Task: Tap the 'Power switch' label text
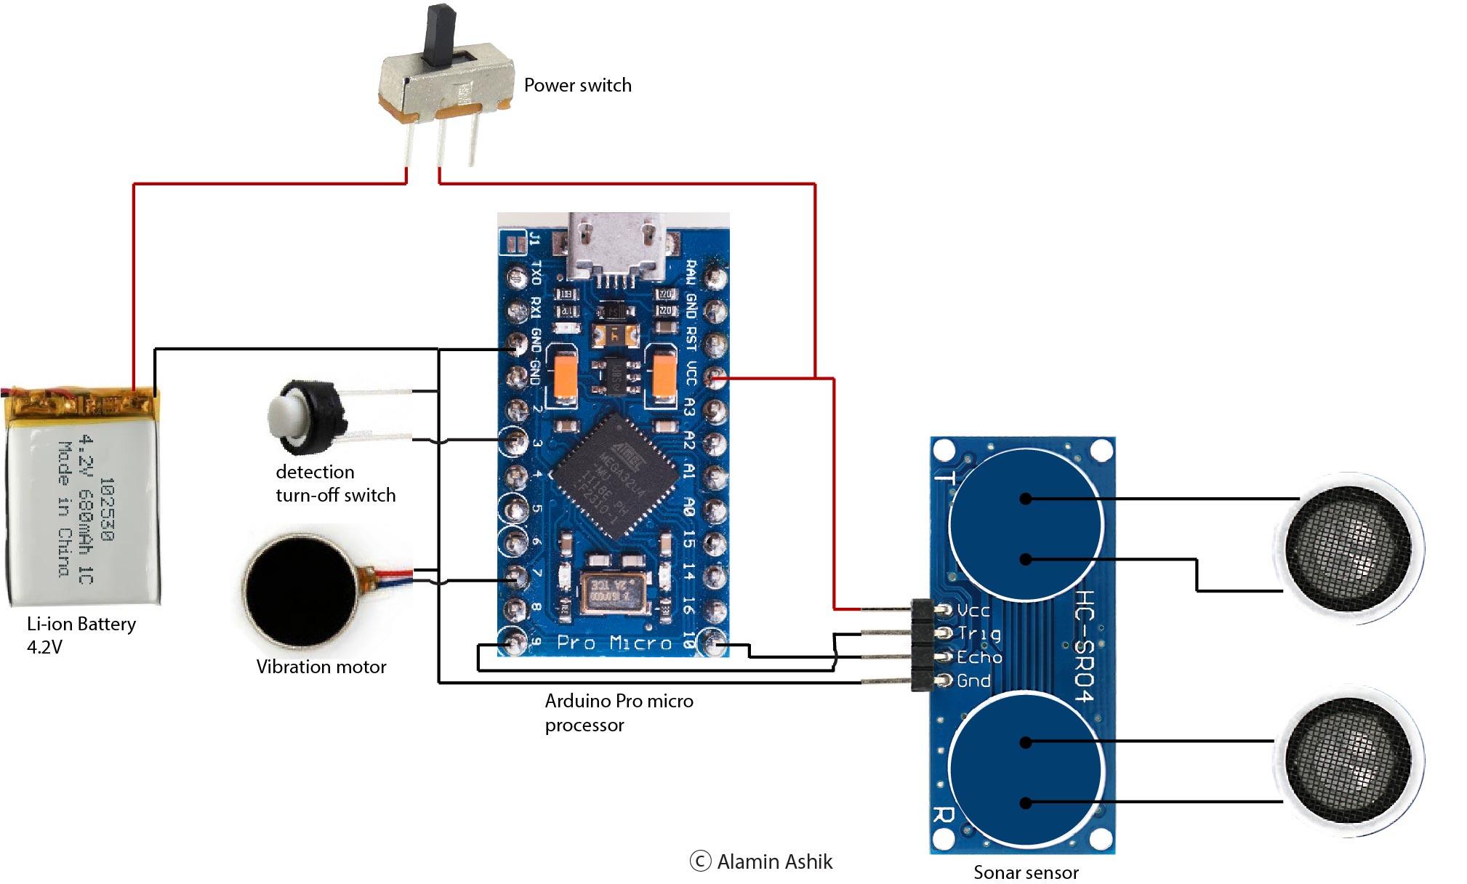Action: tap(577, 86)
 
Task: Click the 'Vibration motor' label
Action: tap(321, 667)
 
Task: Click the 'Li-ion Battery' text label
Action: tap(81, 624)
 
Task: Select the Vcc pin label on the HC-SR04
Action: tap(973, 611)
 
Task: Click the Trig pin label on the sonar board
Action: tap(978, 634)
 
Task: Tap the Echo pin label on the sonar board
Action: tap(979, 658)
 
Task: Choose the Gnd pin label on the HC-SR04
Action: tap(973, 681)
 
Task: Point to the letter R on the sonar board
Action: tap(943, 813)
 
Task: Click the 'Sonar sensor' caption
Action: tap(1025, 872)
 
